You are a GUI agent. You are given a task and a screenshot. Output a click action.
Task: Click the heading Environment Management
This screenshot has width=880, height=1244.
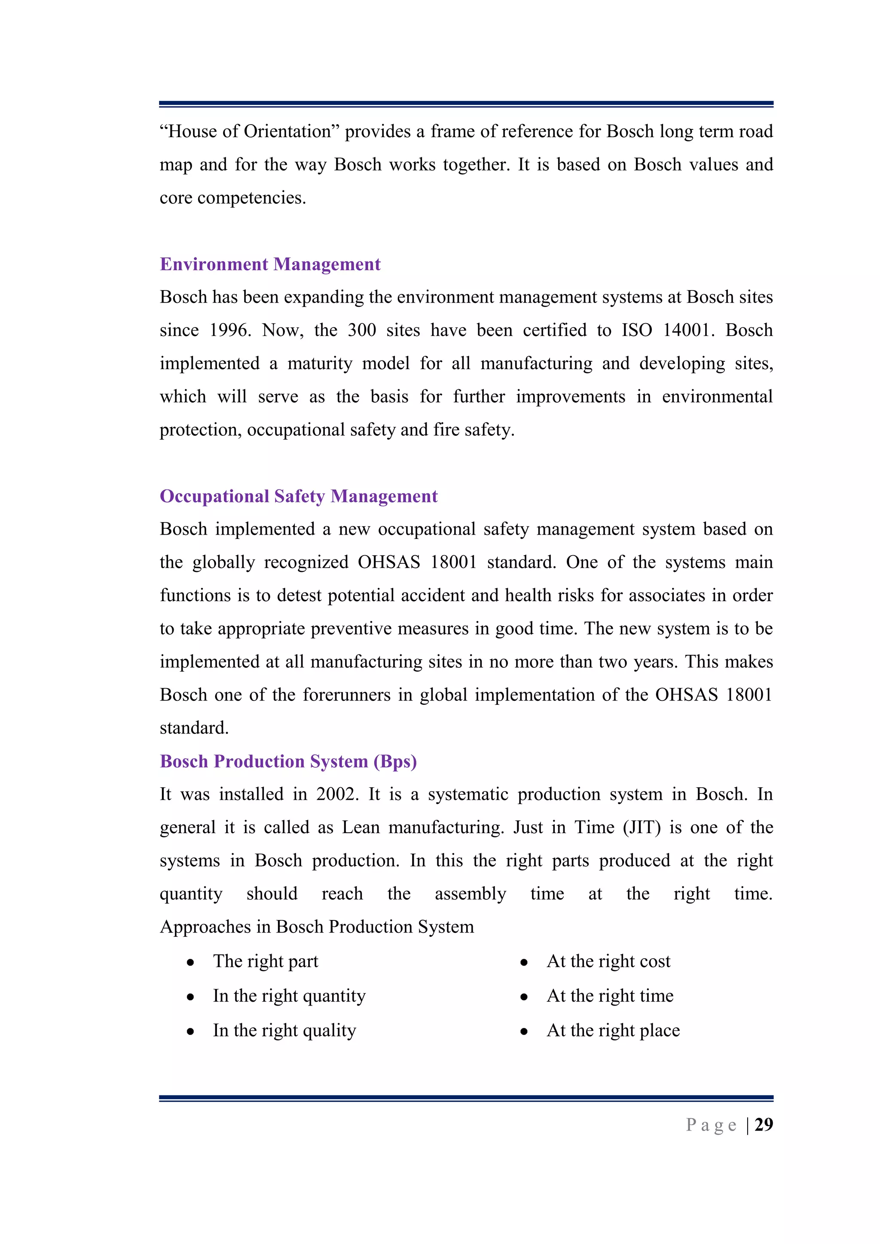pos(270,264)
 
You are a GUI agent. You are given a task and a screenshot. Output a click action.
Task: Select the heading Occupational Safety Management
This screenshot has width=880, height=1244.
pos(299,496)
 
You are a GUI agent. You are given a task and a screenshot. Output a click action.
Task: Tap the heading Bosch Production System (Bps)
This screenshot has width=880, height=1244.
pos(288,761)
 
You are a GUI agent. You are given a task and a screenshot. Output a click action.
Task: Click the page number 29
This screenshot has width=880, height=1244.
pos(764,1125)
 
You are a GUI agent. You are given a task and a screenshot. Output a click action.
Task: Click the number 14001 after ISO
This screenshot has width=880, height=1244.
pos(686,330)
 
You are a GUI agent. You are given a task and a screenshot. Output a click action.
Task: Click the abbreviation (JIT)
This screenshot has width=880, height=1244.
pos(642,827)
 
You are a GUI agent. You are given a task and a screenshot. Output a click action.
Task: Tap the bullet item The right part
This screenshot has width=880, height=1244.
pos(266,961)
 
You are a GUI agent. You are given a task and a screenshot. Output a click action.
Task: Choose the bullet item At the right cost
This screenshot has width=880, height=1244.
pos(608,961)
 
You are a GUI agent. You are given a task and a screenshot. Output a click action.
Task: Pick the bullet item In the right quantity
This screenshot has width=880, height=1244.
pos(289,996)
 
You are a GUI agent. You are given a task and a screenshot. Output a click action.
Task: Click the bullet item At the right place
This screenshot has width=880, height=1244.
pos(613,1030)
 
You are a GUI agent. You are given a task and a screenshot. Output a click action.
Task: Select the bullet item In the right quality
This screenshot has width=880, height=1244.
pos(284,1030)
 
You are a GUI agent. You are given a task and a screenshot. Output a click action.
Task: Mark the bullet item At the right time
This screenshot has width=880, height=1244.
pos(610,996)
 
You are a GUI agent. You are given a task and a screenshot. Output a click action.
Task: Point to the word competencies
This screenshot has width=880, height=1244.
pos(251,198)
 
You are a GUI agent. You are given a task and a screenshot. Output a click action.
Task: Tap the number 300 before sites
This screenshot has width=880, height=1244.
pos(362,330)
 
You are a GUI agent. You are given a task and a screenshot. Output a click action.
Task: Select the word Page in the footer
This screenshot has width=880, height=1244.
pos(711,1125)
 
